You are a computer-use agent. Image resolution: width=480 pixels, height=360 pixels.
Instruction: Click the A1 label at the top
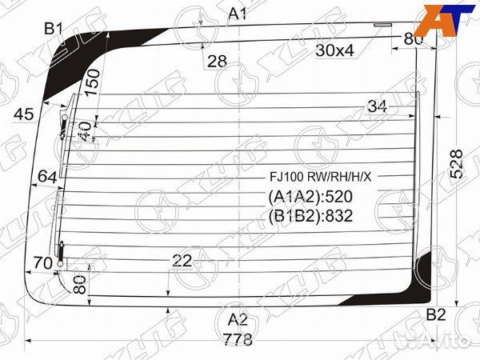[x=238, y=14]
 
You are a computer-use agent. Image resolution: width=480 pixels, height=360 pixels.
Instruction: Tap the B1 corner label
[x=54, y=29]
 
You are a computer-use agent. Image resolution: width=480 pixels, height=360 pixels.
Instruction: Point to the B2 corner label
[x=435, y=314]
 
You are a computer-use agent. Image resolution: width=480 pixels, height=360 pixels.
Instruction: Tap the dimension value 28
[x=217, y=61]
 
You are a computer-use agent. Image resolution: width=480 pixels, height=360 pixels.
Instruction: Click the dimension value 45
[x=24, y=114]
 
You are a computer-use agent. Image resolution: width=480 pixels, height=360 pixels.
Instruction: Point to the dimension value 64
[x=47, y=177]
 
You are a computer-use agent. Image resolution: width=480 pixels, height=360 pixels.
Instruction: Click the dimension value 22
[x=182, y=260]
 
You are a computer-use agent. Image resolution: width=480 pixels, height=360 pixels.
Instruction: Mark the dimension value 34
[x=378, y=106]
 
